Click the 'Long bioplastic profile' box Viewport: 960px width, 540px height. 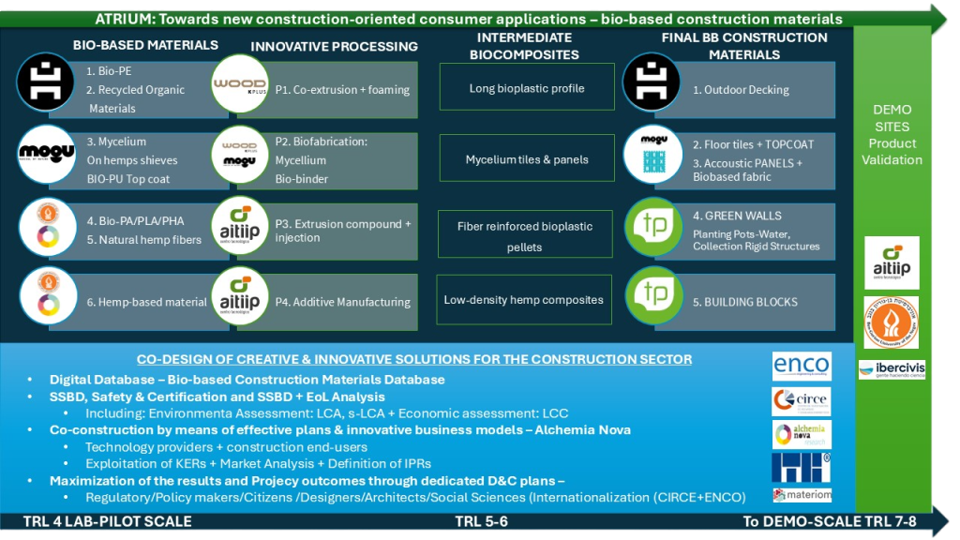click(527, 87)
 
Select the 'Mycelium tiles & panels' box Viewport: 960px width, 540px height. click(527, 159)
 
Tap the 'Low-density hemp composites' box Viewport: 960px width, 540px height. click(524, 300)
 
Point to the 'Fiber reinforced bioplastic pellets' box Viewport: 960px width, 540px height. click(525, 235)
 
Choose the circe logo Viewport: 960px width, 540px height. click(802, 401)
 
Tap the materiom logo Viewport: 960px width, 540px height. click(802, 494)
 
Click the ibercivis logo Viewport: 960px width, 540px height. click(892, 369)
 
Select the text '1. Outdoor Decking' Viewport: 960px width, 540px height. click(741, 90)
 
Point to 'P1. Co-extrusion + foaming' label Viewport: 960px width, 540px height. click(342, 90)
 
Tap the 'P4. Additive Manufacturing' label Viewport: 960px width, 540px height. click(342, 302)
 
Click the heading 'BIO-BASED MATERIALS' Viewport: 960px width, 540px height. click(145, 45)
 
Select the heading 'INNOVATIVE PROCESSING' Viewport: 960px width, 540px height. click(334, 46)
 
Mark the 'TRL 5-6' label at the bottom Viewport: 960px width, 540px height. click(481, 521)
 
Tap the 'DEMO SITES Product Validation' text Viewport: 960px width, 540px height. click(892, 134)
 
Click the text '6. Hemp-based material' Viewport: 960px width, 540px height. click(146, 302)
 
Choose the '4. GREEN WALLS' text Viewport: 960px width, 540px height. click(737, 216)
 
